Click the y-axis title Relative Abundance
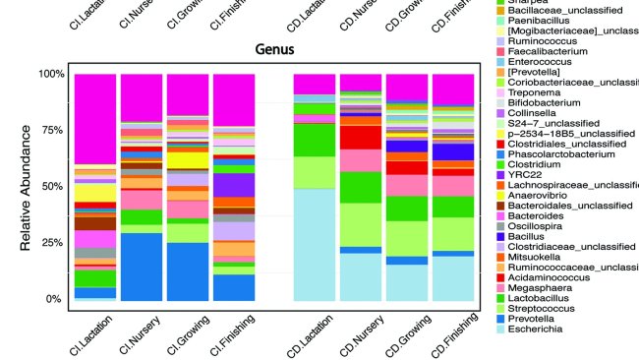pos(28,186)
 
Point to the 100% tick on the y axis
pos(49,74)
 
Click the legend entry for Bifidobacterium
pos(560,99)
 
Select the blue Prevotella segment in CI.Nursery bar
pos(141,266)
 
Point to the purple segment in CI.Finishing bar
pos(234,185)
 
